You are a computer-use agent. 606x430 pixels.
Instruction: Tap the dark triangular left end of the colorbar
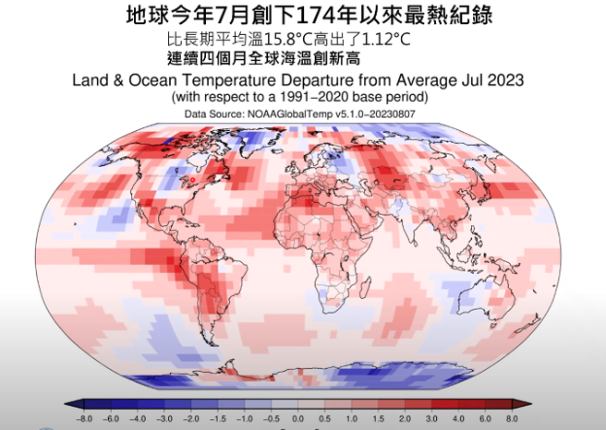coord(70,405)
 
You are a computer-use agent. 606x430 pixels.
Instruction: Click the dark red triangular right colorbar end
coord(530,405)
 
